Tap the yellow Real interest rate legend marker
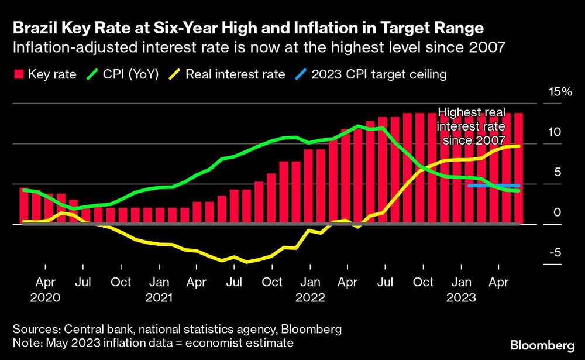click(175, 74)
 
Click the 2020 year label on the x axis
click(45, 297)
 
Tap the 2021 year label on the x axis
click(159, 297)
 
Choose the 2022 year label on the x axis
click(310, 297)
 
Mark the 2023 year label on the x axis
click(461, 297)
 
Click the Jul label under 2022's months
click(385, 282)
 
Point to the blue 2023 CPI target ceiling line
click(494, 186)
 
